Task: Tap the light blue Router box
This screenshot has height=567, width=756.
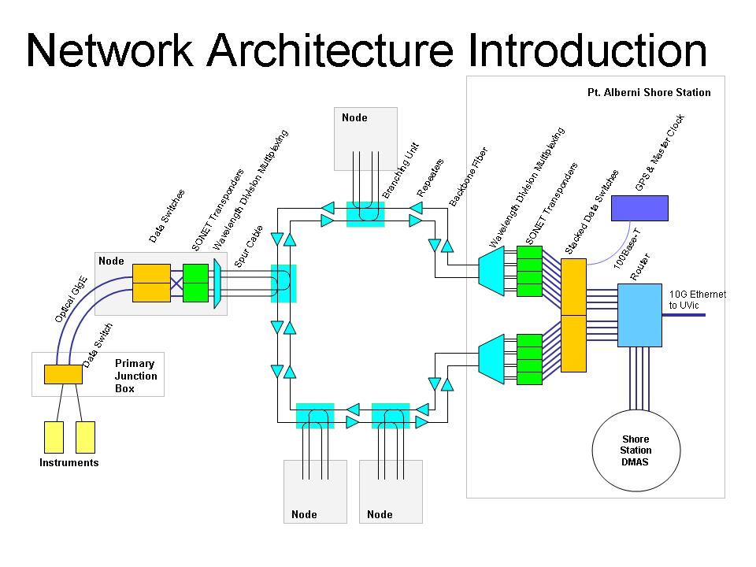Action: click(x=639, y=315)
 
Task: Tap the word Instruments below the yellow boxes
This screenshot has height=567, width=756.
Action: click(x=69, y=463)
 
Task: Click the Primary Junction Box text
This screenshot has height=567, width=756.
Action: click(x=135, y=376)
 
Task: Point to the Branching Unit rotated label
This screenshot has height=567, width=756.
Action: click(x=401, y=172)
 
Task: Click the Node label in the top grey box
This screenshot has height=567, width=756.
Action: click(x=354, y=117)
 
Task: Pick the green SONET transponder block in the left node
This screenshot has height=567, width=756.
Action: click(x=195, y=283)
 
